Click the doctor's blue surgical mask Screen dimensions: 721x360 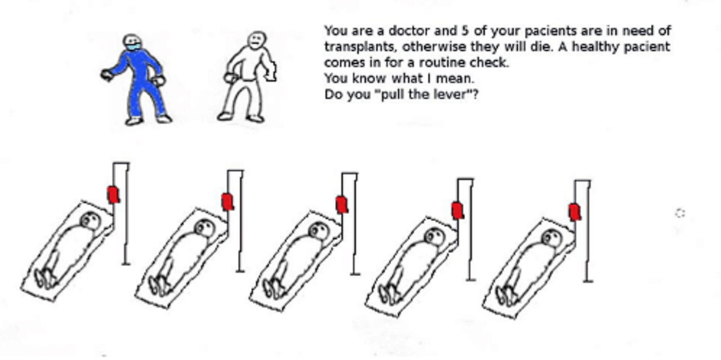(133, 47)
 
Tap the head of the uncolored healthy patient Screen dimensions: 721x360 (257, 40)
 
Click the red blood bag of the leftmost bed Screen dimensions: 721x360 (113, 195)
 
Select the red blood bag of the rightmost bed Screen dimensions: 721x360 (575, 212)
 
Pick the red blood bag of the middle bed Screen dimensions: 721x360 (342, 205)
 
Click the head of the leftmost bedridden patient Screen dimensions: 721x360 (91, 221)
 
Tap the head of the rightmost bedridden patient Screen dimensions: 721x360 (552, 238)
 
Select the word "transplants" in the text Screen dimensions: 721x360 (359, 47)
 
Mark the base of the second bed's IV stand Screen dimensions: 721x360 (240, 271)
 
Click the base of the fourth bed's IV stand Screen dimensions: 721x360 (470, 279)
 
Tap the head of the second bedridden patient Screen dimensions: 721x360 (204, 228)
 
